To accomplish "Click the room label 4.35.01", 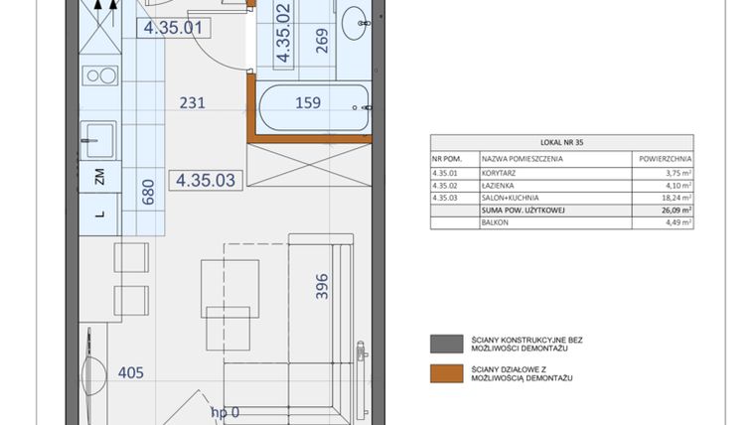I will (x=173, y=28).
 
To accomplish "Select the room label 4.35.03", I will (x=205, y=181).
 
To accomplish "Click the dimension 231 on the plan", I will (x=192, y=101).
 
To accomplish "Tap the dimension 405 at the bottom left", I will (x=130, y=373).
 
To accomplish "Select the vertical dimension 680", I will (x=149, y=191).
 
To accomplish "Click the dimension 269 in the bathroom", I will (x=321, y=41).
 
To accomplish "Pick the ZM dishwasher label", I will (x=99, y=179).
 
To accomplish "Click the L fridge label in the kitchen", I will (x=99, y=212).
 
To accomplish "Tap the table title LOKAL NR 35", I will (x=561, y=142).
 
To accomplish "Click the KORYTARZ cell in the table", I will (x=498, y=173).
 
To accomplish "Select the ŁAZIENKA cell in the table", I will (x=498, y=185).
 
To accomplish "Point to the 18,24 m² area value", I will (x=675, y=198).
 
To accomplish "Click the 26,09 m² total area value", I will (x=675, y=211).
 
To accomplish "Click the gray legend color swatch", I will (x=440, y=344).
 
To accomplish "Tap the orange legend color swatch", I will (x=440, y=373).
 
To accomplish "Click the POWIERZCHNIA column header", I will (x=662, y=158).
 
